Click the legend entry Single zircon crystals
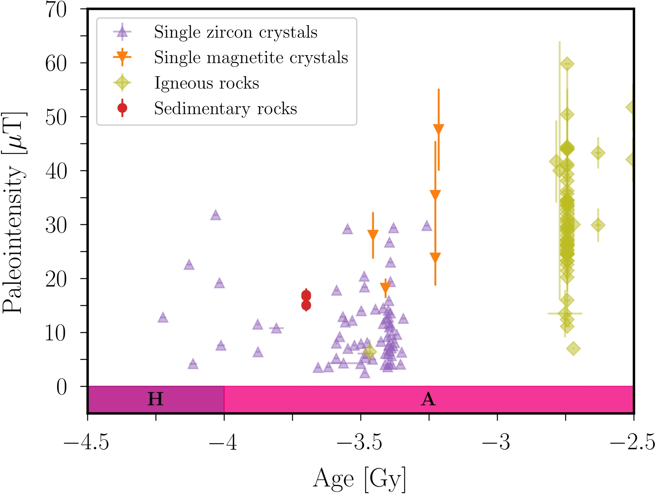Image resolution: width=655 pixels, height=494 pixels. pos(235,32)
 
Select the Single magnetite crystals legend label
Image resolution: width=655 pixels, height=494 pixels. pos(251,57)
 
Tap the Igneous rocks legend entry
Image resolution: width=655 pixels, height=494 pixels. pos(206,83)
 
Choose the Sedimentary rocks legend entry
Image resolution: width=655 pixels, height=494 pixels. pos(225,109)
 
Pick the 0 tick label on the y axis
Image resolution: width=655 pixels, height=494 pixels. pos(61,387)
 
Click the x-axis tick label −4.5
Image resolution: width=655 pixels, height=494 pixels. pos(86,442)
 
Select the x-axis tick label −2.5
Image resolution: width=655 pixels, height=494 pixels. pos(632,442)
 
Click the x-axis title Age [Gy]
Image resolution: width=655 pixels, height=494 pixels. pos(359,479)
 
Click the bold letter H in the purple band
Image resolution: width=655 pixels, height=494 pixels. pos(155,399)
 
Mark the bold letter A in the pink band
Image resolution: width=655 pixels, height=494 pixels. pos(428,399)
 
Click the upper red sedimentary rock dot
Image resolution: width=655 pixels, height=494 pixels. pos(306,295)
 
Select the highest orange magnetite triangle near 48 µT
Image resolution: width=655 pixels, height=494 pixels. pos(438,129)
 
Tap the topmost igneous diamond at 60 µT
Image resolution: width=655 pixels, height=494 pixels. pos(567,64)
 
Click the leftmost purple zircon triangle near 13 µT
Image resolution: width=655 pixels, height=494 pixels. pos(163,317)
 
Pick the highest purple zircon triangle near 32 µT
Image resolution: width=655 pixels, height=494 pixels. pos(216,215)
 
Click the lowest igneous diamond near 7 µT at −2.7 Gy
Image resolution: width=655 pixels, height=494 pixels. pos(573,349)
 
